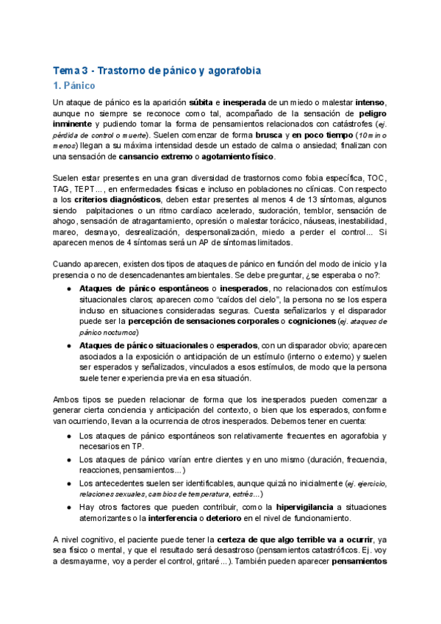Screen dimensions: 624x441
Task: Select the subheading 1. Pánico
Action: point(75,86)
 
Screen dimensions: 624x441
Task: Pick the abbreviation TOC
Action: point(370,179)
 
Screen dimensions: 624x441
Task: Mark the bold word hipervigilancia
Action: point(306,507)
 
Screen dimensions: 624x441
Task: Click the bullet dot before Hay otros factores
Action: point(69,507)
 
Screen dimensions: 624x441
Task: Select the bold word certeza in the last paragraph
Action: point(220,540)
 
